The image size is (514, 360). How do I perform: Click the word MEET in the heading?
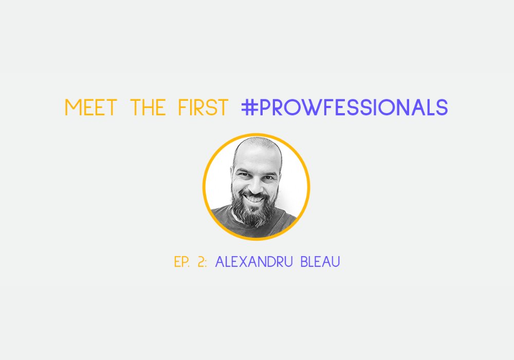pyautogui.click(x=91, y=107)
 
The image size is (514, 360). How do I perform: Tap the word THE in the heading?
pyautogui.click(x=148, y=107)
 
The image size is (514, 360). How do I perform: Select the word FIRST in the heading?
pyautogui.click(x=203, y=107)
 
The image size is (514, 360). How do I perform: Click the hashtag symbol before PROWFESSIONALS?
pyautogui.click(x=249, y=107)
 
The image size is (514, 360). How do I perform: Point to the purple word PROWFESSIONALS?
pyautogui.click(x=354, y=107)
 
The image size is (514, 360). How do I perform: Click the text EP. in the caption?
pyautogui.click(x=182, y=262)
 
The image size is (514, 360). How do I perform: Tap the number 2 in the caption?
pyautogui.click(x=201, y=262)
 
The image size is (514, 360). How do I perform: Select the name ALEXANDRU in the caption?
pyautogui.click(x=254, y=262)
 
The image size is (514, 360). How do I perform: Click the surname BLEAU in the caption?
pyautogui.click(x=320, y=262)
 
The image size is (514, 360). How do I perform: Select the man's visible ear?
pyautogui.click(x=232, y=176)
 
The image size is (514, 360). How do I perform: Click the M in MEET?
pyautogui.click(x=73, y=107)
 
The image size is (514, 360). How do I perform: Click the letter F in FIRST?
pyautogui.click(x=182, y=107)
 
